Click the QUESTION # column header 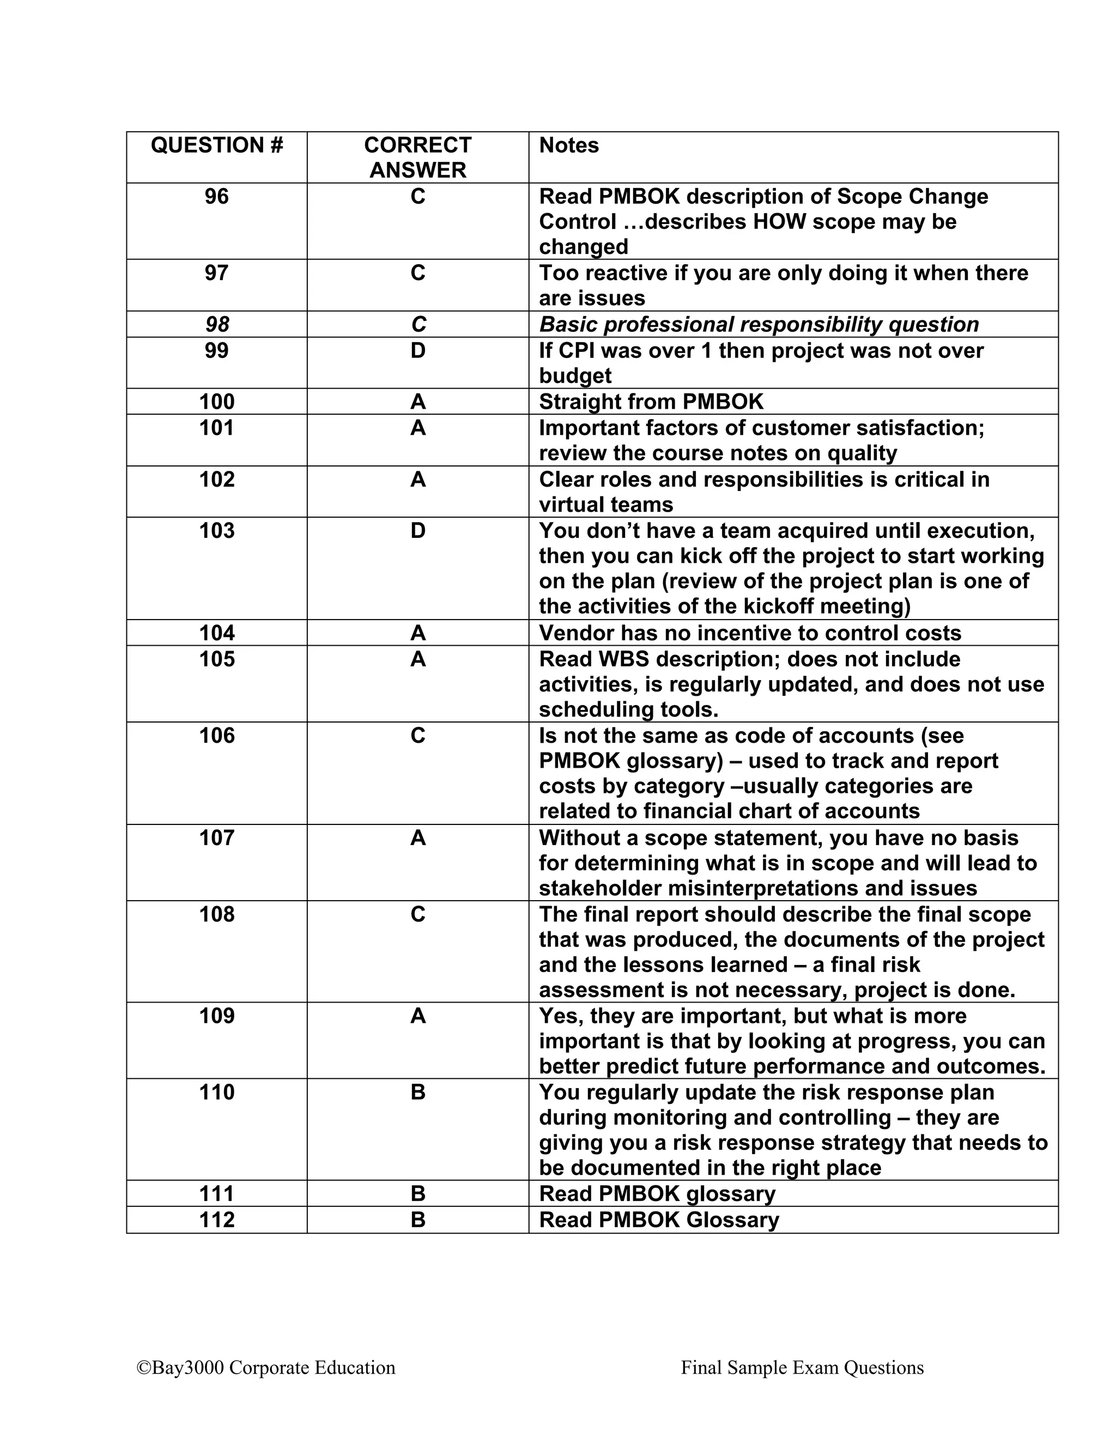217,145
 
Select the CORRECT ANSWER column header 417,157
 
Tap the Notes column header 568,145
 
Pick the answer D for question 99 417,350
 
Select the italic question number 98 217,325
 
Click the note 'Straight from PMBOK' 651,402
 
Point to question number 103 217,531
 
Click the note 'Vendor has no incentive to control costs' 750,633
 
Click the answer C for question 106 417,736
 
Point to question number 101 217,428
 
